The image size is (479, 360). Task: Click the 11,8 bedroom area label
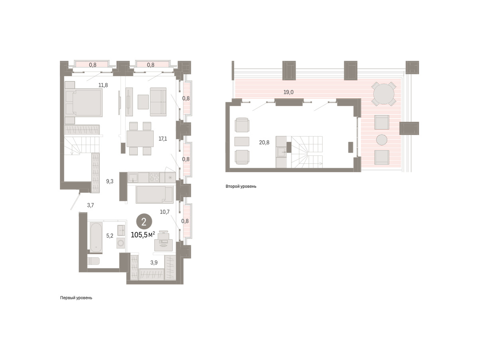(103, 85)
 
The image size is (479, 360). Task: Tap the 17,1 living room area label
(162, 139)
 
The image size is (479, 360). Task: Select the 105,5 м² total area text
(143, 235)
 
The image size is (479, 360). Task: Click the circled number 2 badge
(144, 222)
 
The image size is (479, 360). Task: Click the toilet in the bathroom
(93, 261)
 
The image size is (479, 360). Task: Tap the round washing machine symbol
(121, 243)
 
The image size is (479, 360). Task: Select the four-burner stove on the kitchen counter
(154, 177)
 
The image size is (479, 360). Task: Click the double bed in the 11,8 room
(84, 102)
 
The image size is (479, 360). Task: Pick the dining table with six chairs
(140, 139)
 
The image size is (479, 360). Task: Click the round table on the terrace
(384, 94)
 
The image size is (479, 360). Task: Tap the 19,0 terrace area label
(288, 92)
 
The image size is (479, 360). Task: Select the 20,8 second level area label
(264, 142)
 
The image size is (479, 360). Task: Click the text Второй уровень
(241, 186)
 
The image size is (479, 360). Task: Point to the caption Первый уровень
(76, 298)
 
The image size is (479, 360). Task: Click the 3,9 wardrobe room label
(154, 263)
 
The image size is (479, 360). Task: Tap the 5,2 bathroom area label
(110, 236)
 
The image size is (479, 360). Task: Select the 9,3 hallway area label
(110, 181)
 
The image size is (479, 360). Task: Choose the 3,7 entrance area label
(91, 205)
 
